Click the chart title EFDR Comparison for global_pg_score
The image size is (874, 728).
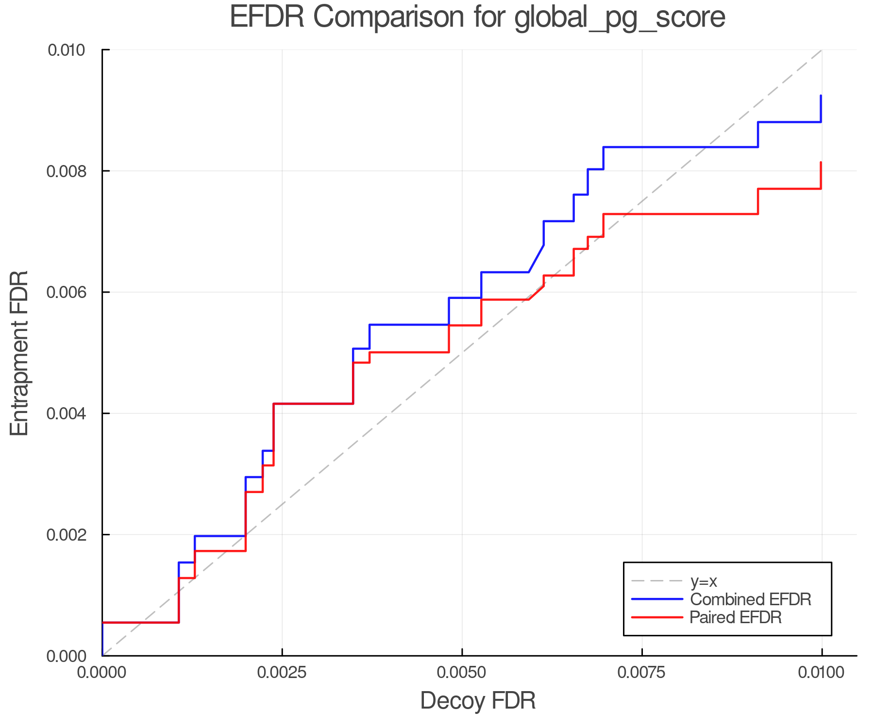(x=477, y=17)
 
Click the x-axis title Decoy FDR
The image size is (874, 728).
(x=478, y=701)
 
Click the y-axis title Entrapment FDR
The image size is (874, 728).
(x=20, y=353)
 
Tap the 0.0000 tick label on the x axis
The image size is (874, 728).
(x=102, y=673)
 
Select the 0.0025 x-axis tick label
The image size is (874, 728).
(x=282, y=673)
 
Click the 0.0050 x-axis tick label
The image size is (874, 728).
(x=462, y=673)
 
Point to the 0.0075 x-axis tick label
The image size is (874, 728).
(x=642, y=673)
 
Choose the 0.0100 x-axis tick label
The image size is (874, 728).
(x=822, y=673)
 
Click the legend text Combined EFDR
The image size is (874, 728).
(x=751, y=599)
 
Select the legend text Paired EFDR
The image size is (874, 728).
(x=736, y=617)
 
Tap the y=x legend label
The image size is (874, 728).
(x=704, y=581)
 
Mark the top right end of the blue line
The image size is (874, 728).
(x=821, y=96)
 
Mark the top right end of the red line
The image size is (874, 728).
(x=821, y=162)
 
